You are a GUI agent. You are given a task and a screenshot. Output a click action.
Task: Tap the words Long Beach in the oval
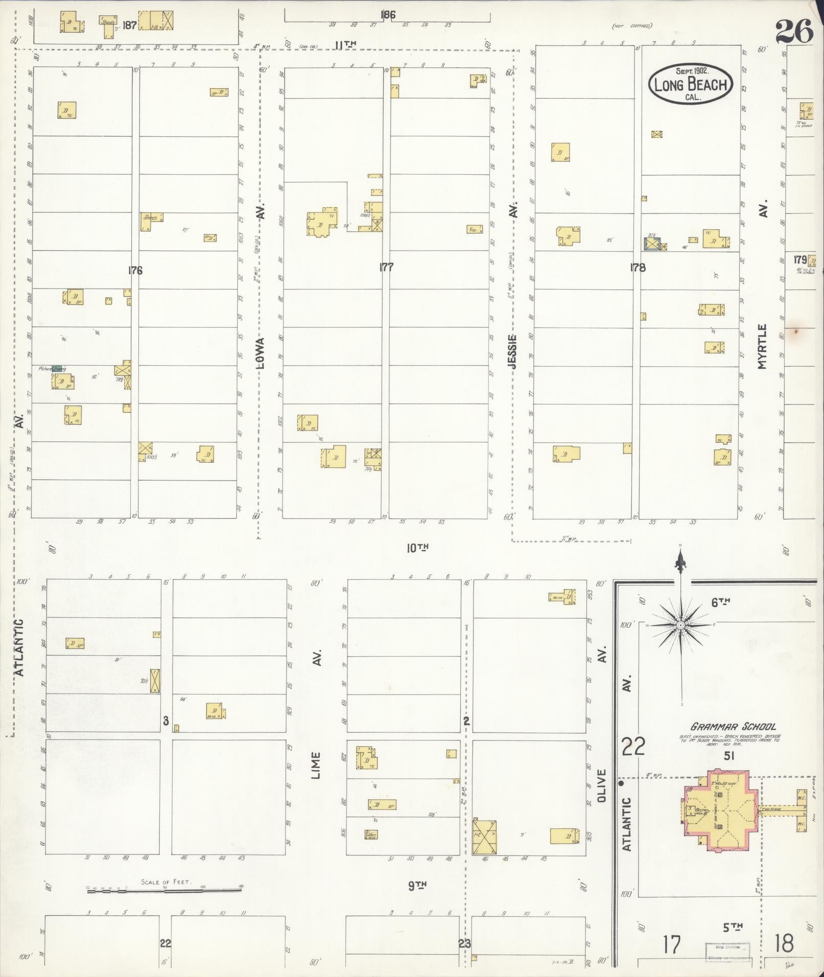pos(691,84)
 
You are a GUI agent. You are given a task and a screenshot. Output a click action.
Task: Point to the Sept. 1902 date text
pos(692,71)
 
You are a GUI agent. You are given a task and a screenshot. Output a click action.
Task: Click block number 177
pos(386,267)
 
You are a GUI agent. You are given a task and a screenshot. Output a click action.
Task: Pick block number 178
pos(638,267)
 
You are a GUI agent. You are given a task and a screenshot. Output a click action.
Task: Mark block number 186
pos(388,15)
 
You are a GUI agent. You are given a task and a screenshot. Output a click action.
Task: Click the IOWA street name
pos(261,352)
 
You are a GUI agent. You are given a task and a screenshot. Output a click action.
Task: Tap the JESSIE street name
pos(513,352)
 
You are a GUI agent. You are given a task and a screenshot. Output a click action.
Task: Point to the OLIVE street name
pos(601,785)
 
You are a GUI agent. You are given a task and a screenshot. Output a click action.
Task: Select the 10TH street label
pos(417,548)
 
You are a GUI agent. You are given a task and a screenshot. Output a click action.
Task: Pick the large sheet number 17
pos(672,944)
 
